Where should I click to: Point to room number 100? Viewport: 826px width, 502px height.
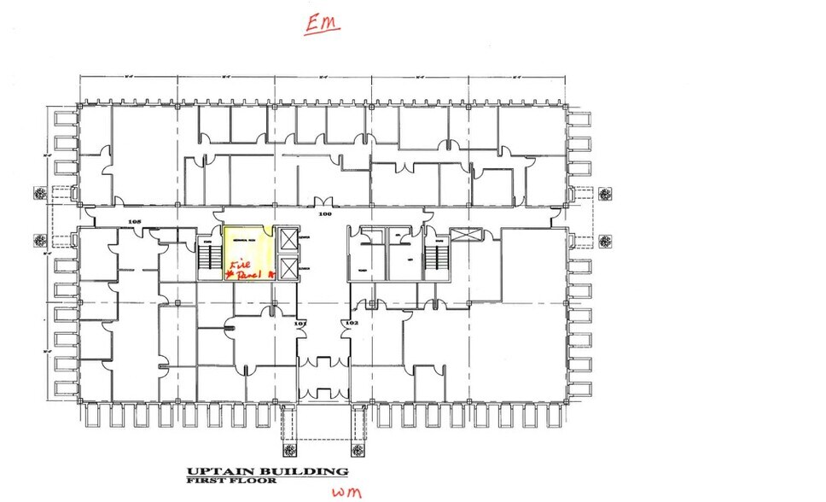(x=323, y=215)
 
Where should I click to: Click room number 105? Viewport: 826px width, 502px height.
(x=133, y=222)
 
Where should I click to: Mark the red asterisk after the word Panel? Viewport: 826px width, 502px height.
(x=269, y=275)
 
